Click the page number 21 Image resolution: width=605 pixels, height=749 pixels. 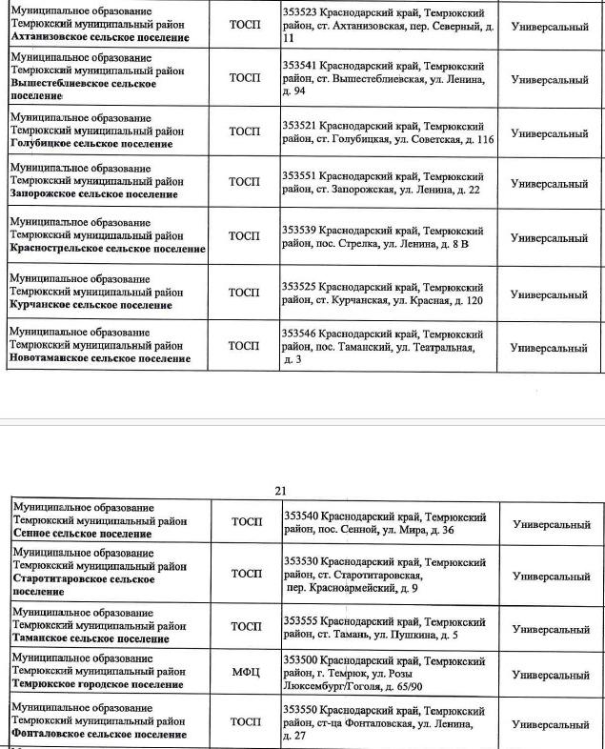280,491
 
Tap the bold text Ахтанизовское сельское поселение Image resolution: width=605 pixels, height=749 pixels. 98,38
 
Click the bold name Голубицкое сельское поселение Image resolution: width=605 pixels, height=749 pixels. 91,144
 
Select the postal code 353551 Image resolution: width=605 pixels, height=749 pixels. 299,177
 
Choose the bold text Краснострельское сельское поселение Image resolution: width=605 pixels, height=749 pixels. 107,249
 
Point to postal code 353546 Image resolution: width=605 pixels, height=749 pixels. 299,334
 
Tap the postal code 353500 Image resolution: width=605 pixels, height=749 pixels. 302,661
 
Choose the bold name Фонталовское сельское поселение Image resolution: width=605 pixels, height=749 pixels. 99,735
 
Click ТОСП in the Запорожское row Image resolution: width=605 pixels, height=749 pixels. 244,181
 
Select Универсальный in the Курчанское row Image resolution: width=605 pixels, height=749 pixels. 550,294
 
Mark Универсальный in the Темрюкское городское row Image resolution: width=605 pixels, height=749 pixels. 551,675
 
